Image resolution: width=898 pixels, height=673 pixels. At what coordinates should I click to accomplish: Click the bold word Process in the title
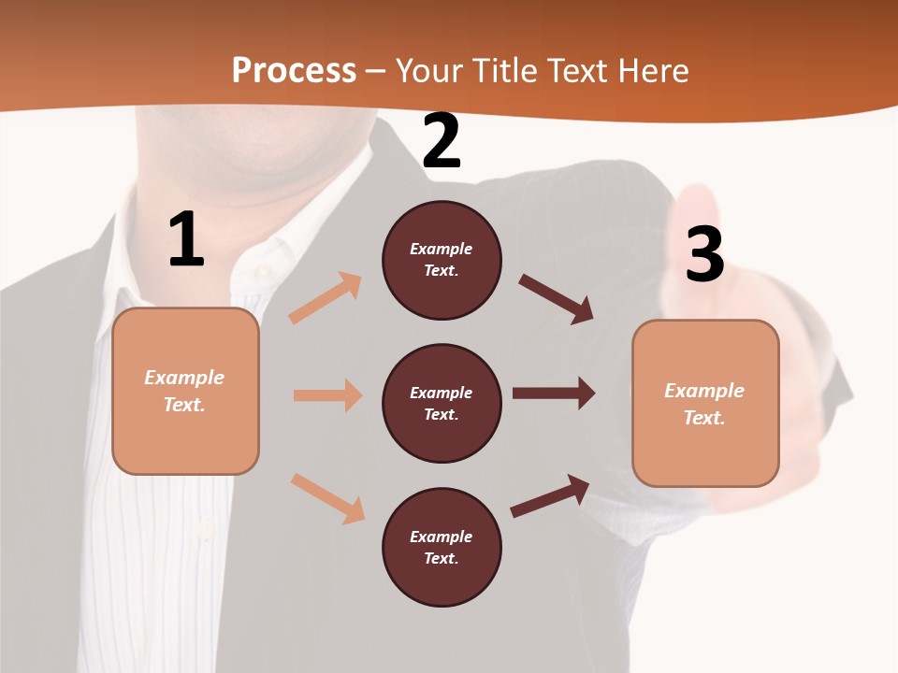click(x=294, y=71)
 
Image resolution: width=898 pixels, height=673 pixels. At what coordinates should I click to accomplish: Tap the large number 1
click(x=186, y=240)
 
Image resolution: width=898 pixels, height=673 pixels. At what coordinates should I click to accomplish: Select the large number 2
click(x=442, y=141)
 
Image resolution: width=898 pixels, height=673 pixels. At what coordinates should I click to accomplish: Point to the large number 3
click(x=704, y=254)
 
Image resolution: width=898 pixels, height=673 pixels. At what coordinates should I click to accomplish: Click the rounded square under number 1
click(x=185, y=391)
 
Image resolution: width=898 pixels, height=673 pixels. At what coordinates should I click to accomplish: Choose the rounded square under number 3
click(x=705, y=403)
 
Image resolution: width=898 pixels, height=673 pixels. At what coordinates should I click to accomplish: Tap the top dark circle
click(x=442, y=260)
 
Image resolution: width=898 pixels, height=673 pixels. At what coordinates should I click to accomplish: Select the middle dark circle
click(x=442, y=403)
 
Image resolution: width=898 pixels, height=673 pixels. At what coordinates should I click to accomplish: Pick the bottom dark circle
click(x=442, y=547)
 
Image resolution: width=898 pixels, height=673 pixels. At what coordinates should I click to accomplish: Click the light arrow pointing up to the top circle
click(x=325, y=298)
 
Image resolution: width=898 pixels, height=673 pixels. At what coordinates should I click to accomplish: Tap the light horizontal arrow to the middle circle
click(x=327, y=395)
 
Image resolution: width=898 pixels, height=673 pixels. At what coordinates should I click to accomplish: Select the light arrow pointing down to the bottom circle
click(x=327, y=497)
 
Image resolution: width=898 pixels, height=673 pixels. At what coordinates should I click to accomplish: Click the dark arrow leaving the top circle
click(x=557, y=299)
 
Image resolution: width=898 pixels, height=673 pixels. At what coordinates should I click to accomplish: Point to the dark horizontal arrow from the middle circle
click(x=554, y=394)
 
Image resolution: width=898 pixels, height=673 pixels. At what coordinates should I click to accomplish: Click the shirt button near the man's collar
click(x=263, y=271)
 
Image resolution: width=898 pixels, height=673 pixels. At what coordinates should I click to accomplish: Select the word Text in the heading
click(x=578, y=71)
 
